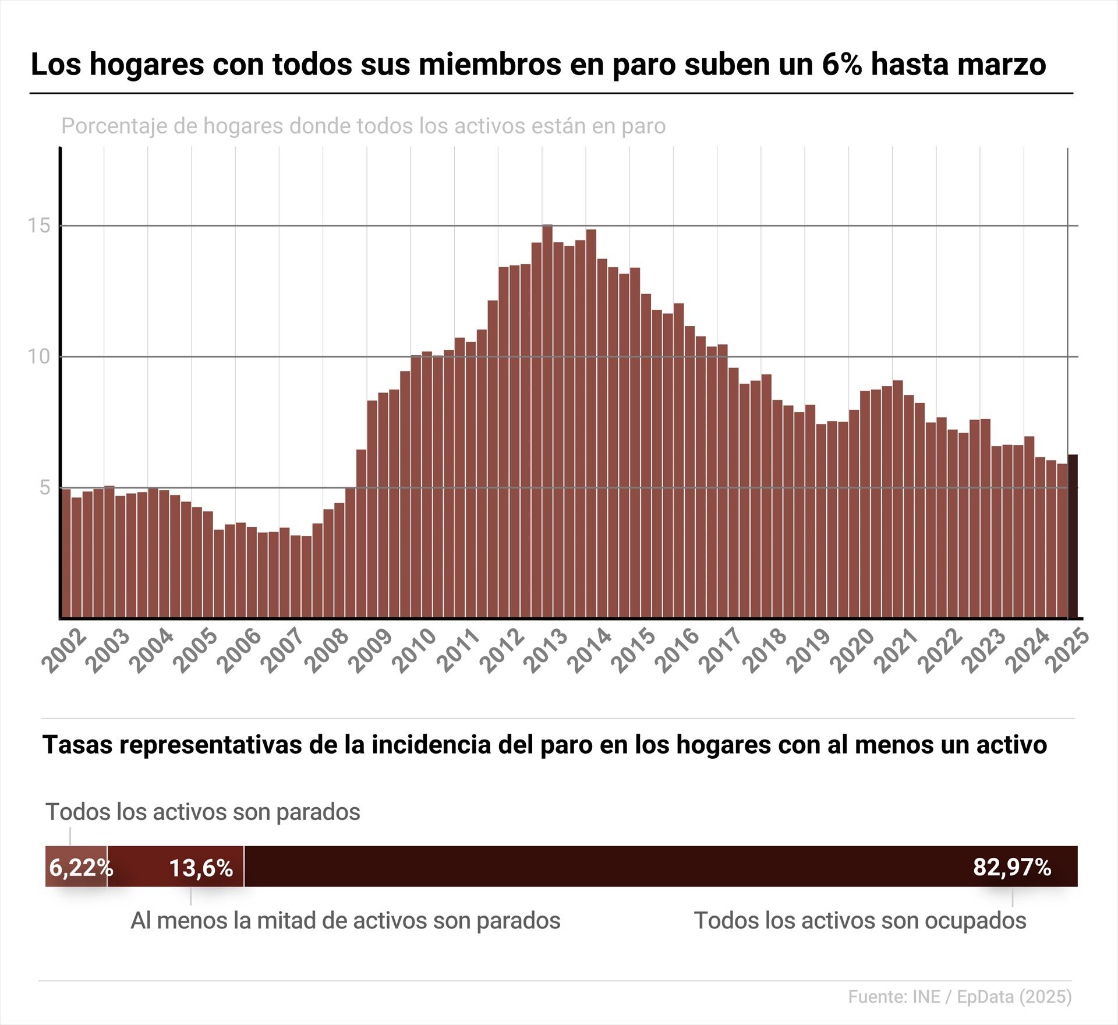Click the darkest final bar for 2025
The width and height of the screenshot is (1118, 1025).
pos(1072,536)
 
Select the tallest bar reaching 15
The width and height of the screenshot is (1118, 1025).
pos(547,419)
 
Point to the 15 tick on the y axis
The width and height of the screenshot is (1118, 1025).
pos(40,225)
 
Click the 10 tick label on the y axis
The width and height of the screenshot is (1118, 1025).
pos(40,356)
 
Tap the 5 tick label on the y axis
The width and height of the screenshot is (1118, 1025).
pos(45,487)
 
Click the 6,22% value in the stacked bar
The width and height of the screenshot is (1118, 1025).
pos(80,868)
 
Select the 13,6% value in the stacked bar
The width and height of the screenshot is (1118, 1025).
pos(201,868)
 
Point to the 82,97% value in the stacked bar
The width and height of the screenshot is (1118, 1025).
pos(1012,867)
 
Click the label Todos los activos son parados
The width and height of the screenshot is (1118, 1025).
pos(203,812)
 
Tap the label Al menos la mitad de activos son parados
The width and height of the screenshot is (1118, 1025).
pos(345,921)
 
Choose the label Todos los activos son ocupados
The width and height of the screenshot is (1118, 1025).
pos(860,921)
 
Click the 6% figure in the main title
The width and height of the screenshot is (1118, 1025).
pos(841,64)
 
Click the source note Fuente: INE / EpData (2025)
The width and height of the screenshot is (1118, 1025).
pos(960,996)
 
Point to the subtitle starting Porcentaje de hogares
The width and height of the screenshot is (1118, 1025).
pos(363,126)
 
